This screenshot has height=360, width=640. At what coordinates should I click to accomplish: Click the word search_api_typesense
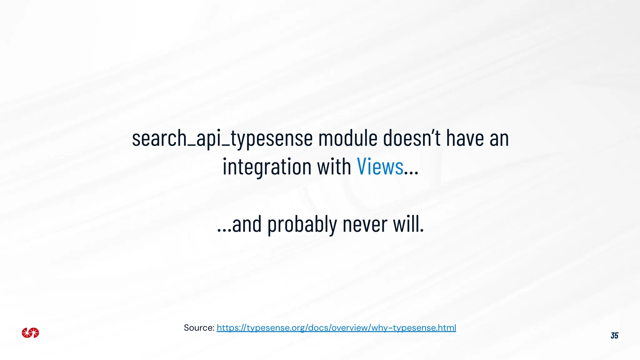click(x=222, y=138)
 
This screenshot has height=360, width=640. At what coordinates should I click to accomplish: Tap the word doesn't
click(x=412, y=138)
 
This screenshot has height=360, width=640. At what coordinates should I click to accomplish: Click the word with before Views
click(x=334, y=166)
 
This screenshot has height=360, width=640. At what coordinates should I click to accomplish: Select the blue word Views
click(x=380, y=166)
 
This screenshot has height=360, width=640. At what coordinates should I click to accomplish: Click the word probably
click(x=302, y=225)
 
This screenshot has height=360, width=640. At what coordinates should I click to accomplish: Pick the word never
click(x=365, y=225)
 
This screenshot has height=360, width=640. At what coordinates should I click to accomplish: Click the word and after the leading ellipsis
click(x=247, y=225)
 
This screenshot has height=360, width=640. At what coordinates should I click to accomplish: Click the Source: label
click(x=199, y=328)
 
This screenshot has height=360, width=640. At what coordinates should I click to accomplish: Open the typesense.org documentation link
click(x=336, y=328)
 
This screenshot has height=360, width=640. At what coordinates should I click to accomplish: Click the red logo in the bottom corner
click(x=30, y=333)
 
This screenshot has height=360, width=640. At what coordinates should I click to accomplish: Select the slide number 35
click(x=614, y=336)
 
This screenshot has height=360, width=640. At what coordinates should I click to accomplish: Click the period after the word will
click(x=422, y=231)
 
